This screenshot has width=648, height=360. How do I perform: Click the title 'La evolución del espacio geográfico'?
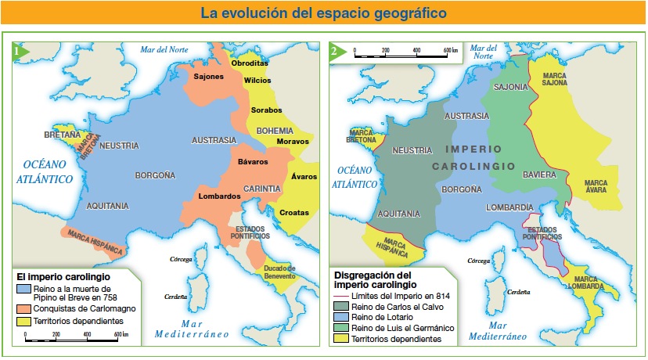[x=323, y=13]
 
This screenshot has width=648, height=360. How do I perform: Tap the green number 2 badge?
[x=335, y=52]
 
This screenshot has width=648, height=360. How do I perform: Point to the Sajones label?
[x=209, y=77]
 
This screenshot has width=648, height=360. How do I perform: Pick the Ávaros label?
[x=304, y=177]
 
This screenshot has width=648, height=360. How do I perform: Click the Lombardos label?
[x=219, y=196]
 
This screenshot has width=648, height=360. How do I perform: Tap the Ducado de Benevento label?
[x=279, y=272]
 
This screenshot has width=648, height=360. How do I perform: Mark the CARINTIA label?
[x=261, y=189]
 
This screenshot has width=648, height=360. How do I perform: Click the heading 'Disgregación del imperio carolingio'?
[x=373, y=279]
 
